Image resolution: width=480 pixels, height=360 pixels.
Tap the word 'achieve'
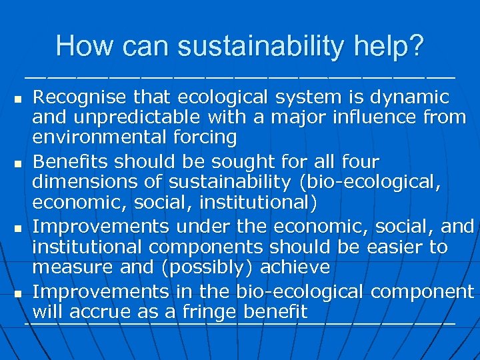pyautogui.click(x=296, y=268)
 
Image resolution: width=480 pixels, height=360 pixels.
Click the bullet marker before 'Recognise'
pyautogui.click(x=18, y=99)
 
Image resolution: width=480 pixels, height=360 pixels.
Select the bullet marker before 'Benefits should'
pyautogui.click(x=18, y=163)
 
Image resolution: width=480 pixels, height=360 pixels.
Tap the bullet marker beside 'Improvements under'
pyautogui.click(x=18, y=229)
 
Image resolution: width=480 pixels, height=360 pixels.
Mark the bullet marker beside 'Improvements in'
pyautogui.click(x=18, y=293)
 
